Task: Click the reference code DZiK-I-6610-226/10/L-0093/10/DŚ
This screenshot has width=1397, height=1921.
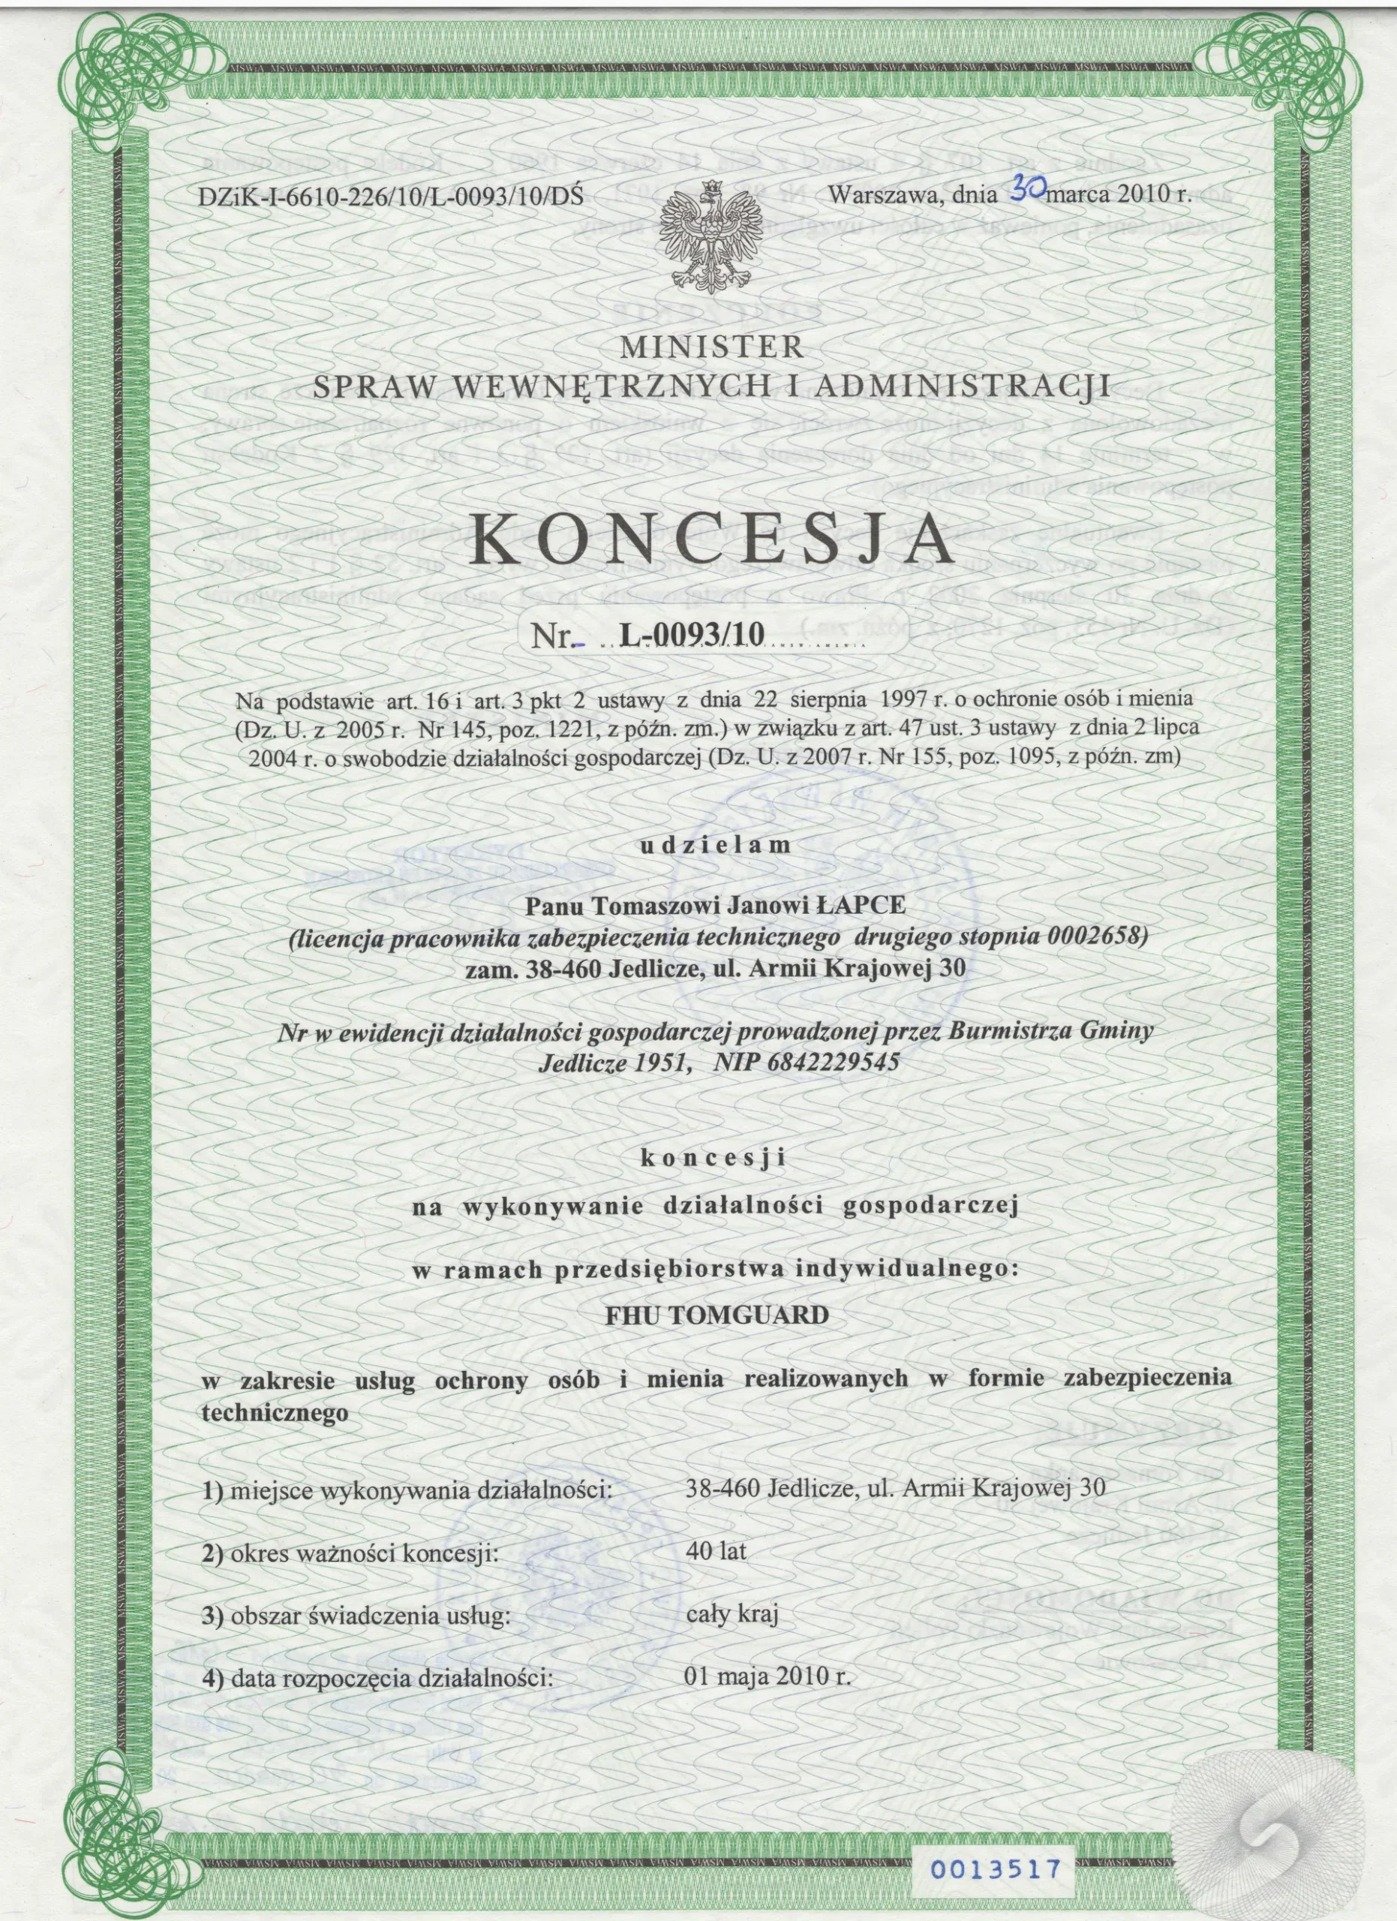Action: [390, 197]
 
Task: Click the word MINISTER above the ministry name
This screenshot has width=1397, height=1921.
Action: [711, 347]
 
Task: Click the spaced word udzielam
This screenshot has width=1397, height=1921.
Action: [716, 844]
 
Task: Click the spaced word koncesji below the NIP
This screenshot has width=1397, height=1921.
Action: [714, 1158]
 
